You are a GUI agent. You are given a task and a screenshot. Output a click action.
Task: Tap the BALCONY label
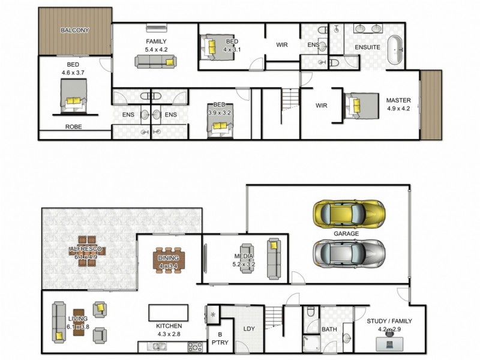click(74, 30)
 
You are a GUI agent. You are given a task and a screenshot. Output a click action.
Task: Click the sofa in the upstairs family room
click(155, 61)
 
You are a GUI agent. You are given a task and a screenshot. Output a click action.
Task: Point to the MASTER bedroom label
click(398, 100)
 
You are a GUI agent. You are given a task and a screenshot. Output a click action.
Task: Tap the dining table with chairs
click(169, 260)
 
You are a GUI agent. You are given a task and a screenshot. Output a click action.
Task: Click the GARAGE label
click(346, 233)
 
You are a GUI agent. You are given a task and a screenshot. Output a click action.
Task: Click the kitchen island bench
click(169, 313)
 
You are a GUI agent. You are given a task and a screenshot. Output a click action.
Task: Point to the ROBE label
click(74, 127)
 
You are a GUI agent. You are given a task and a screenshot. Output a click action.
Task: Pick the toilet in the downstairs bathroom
click(310, 313)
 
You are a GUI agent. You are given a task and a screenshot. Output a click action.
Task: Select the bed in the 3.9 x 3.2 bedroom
click(218, 127)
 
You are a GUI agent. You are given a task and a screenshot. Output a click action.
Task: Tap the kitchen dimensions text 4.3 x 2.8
click(169, 334)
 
